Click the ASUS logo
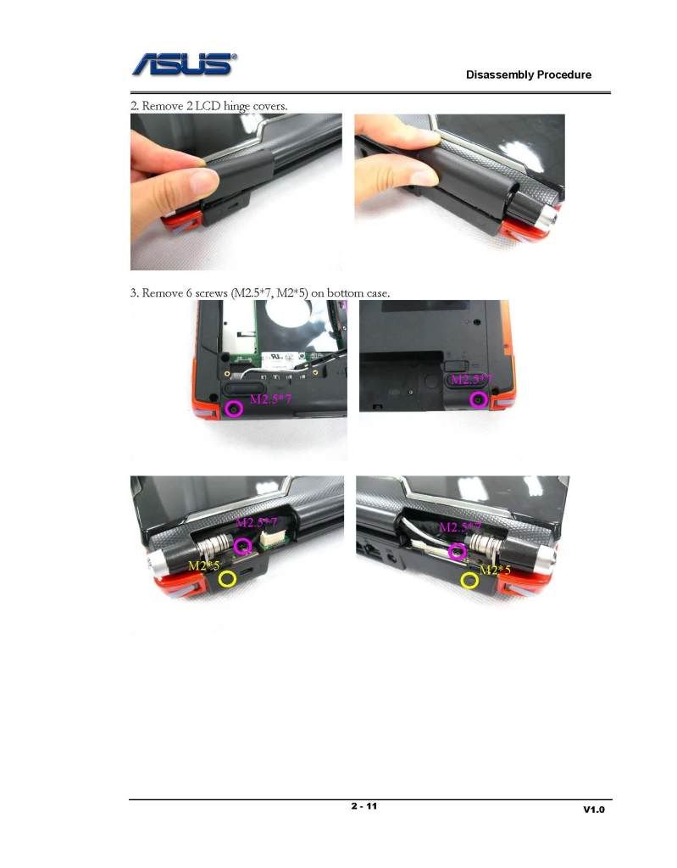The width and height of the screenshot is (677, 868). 185,64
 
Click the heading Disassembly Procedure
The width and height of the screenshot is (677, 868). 529,75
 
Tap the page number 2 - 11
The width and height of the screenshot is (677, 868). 363,806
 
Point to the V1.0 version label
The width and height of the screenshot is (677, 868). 594,810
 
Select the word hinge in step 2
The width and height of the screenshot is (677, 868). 236,106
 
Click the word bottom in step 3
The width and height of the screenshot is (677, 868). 346,292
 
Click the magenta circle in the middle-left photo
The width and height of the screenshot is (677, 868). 234,409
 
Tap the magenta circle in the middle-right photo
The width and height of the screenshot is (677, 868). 478,399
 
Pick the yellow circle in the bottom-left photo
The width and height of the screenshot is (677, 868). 228,579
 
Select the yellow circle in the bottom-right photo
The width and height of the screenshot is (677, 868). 470,580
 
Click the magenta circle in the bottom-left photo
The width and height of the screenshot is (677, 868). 242,547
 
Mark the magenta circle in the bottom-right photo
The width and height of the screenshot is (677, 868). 457,551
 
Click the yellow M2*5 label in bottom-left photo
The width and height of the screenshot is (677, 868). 203,565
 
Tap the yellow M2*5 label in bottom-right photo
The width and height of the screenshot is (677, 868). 495,570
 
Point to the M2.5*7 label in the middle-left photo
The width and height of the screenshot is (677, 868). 270,398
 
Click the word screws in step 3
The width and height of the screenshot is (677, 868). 211,293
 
